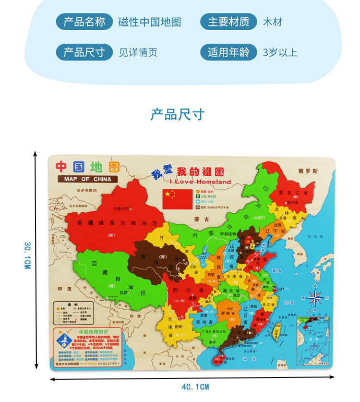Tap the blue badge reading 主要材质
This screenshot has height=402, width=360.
click(228, 22)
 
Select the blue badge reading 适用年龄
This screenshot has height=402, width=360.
click(228, 52)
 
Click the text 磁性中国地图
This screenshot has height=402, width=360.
click(150, 23)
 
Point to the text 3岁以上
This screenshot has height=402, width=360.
click(280, 52)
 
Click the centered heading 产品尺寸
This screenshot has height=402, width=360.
click(178, 115)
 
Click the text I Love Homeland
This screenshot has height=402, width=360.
click(201, 182)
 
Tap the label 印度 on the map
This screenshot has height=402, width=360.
click(64, 289)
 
